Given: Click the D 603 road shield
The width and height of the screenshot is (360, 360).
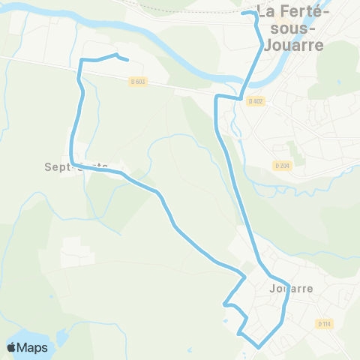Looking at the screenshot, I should tap(136, 82).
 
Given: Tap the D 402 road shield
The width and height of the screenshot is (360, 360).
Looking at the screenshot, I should tap(255, 100).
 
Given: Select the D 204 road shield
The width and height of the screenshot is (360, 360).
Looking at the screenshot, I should tap(281, 166).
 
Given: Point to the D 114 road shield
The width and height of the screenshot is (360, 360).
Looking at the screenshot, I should tap(324, 324).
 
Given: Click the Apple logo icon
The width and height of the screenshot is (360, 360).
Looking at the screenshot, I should tap(13, 347).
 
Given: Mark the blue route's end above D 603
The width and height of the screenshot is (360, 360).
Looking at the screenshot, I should tap(127, 60).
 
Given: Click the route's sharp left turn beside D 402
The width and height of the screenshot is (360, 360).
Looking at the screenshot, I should tap(217, 97).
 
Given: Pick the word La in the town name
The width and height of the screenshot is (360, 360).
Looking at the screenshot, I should tap(266, 13).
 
